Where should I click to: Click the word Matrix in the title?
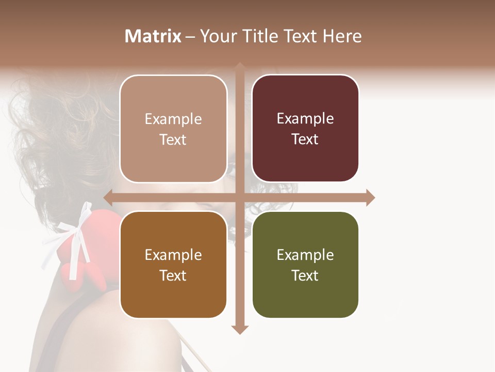153,36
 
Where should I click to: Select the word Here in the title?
342,36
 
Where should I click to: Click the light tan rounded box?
173,129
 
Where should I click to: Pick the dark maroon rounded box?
305,129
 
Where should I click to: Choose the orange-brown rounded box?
173,265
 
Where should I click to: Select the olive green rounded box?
305,265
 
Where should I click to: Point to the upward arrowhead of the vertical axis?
240,67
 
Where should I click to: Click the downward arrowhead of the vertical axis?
240,329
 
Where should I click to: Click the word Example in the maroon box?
305,119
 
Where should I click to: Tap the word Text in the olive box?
305,275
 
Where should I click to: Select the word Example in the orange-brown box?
173,255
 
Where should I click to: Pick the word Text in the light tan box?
173,139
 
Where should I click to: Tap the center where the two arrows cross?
240,197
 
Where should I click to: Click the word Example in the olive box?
305,255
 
